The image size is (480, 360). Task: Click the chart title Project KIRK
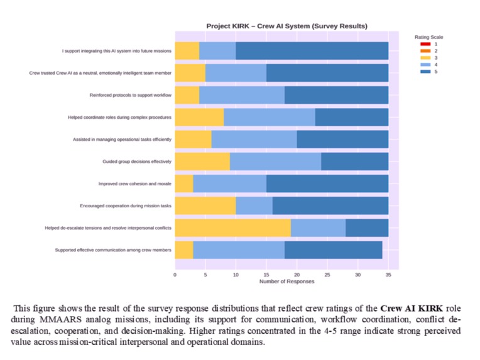pos(286,26)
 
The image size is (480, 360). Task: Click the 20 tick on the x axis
pos(297,275)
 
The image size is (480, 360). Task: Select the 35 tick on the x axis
pos(388,275)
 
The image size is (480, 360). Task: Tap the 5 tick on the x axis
pos(205,275)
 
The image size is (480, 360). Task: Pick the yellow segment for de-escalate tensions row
pos(232,227)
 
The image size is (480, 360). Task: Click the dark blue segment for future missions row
pos(312,51)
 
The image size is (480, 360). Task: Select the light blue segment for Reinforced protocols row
pos(242,95)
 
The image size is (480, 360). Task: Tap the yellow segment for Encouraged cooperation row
pos(205,205)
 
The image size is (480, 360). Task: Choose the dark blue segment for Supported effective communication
pos(333,249)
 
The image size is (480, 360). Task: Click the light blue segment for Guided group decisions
pos(275,161)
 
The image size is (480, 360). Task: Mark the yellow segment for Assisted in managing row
pos(193,139)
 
